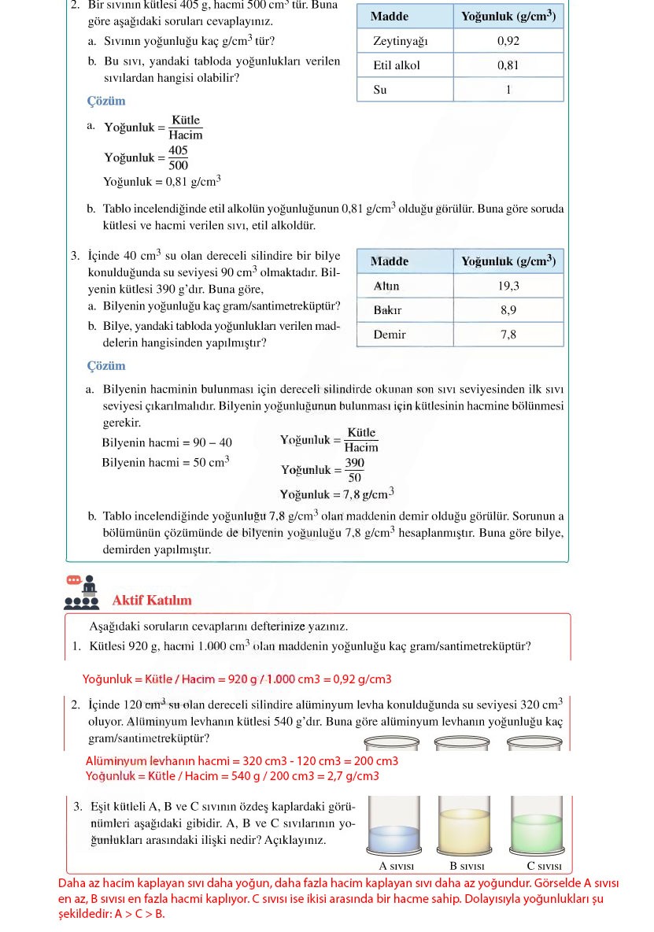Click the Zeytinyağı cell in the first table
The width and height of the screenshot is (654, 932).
click(x=401, y=41)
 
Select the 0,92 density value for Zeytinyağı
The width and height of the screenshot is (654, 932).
click(x=508, y=41)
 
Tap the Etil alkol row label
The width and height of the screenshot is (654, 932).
click(x=397, y=65)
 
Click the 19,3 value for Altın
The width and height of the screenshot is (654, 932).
click(x=508, y=286)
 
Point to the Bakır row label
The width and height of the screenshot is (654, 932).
click(x=387, y=310)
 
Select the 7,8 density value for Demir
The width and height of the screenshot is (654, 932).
click(x=508, y=335)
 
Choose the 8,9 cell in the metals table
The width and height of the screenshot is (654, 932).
click(x=508, y=310)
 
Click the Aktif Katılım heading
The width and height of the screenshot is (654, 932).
click(x=152, y=601)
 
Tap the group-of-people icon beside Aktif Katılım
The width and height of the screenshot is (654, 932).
click(x=82, y=593)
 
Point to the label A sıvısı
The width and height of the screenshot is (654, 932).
click(x=397, y=866)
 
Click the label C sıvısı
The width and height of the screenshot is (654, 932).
click(x=544, y=866)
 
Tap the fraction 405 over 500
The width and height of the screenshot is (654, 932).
click(x=178, y=157)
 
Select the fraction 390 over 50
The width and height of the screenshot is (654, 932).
click(x=354, y=470)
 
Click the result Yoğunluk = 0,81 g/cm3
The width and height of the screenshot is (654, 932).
click(x=162, y=182)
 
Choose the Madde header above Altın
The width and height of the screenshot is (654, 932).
click(x=390, y=261)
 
